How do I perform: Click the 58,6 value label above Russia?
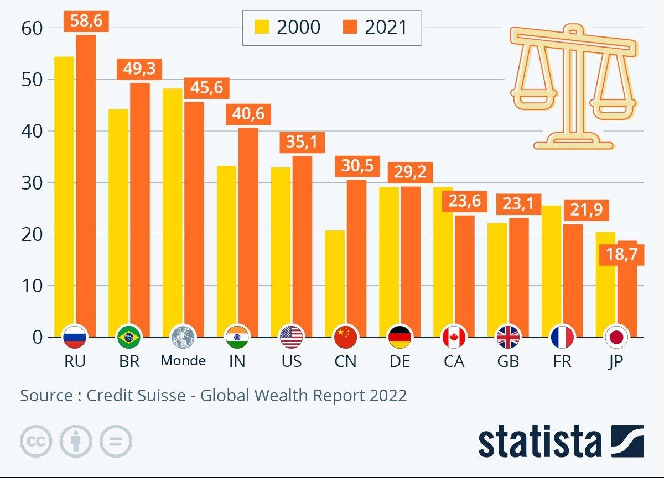86,22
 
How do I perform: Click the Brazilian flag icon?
129,337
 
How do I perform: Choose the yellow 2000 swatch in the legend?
261,27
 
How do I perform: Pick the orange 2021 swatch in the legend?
349,27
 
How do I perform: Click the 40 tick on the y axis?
31,131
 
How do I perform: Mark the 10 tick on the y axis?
31,286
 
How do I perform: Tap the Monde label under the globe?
183,361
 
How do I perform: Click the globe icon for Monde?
183,337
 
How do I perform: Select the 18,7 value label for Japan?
622,255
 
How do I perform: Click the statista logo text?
539,442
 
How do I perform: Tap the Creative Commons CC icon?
36,442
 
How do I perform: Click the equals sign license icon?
116,442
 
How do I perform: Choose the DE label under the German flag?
400,361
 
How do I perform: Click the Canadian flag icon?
454,337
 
